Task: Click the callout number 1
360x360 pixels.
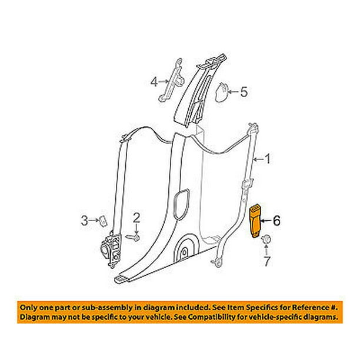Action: pos(268,159)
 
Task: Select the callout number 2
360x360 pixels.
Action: pos(136,218)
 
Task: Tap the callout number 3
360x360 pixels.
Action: pos(85,221)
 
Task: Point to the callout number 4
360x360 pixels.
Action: pos(154,82)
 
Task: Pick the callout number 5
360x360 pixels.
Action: pos(244,92)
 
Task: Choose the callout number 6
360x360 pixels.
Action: pos(276,221)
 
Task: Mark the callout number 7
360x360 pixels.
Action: pos(266,262)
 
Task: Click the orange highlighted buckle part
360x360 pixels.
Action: pos(255,222)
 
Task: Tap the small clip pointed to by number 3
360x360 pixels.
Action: pos(103,221)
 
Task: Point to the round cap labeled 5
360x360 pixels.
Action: pos(221,92)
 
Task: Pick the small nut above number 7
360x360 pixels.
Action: pos(266,239)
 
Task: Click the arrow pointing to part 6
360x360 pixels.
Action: pos(266,221)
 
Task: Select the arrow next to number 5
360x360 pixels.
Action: pos(233,92)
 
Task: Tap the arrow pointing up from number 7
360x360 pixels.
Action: pos(266,250)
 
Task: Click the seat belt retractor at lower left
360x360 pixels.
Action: pos(111,249)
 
